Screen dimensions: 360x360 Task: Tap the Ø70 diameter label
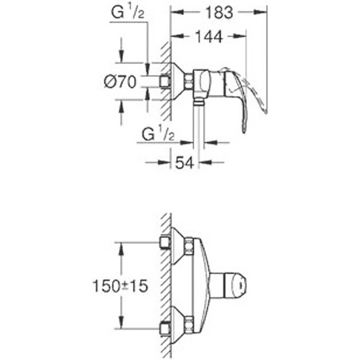tap(121, 82)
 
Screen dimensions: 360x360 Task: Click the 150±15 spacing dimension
tap(120, 286)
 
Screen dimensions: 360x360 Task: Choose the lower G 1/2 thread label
tap(158, 134)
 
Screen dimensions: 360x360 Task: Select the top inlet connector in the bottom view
tap(165, 243)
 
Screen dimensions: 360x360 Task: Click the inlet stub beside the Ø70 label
tap(165, 81)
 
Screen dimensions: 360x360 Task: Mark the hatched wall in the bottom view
tap(165, 286)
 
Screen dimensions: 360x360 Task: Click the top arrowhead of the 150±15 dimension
tap(122, 247)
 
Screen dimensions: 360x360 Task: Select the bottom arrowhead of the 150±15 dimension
tap(122, 326)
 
